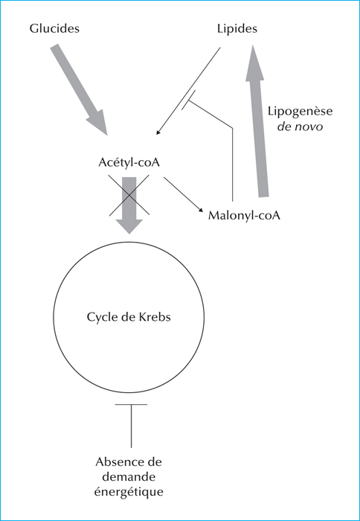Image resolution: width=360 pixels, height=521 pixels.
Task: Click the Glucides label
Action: tap(54, 28)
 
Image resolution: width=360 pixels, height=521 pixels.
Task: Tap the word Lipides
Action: tap(237, 29)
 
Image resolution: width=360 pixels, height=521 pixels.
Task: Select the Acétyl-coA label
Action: tap(129, 163)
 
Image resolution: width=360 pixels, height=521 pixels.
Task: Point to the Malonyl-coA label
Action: tap(245, 216)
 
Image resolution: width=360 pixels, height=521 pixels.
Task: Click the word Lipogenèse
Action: tap(300, 111)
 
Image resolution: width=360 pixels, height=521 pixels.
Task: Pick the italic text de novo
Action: tap(300, 127)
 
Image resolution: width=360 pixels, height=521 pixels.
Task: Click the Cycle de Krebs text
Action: tap(129, 317)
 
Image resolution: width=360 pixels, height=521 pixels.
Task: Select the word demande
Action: tap(129, 477)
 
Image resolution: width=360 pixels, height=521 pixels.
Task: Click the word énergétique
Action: tap(129, 492)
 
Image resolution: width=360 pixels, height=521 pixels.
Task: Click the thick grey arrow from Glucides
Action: tap(79, 89)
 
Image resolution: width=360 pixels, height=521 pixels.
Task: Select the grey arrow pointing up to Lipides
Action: tap(257, 121)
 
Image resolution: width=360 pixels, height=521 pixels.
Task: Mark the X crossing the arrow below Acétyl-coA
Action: tap(129, 194)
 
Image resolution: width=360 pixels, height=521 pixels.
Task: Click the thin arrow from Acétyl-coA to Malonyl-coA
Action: tap(183, 194)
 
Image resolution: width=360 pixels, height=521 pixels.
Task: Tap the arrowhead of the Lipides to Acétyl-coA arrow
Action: tap(158, 132)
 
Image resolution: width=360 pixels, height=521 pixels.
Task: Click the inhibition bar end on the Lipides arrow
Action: tap(188, 100)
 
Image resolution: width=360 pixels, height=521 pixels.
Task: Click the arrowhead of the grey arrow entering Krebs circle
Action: tap(129, 226)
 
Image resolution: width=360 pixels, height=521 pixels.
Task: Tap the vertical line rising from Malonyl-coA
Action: tap(233, 164)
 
